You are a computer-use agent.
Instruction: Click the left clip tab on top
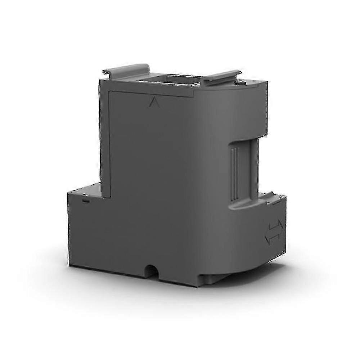[126, 69]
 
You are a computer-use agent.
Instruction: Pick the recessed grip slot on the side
[243, 171]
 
